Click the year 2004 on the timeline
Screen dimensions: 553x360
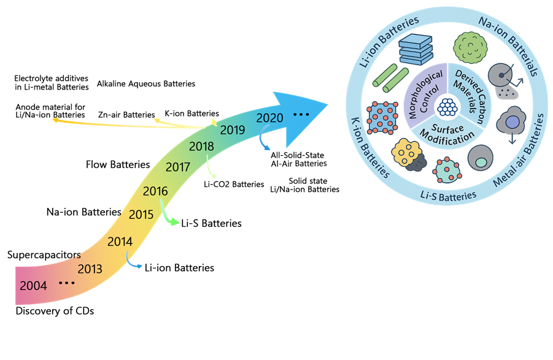[33, 285]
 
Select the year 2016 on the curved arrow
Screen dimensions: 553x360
[155, 191]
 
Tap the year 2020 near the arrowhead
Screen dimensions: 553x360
[269, 118]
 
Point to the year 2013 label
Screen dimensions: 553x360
[90, 269]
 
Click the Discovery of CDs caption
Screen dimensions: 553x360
[55, 311]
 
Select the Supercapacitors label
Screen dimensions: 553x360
[44, 255]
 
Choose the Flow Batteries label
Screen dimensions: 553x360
[118, 164]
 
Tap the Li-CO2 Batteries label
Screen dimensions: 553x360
[234, 184]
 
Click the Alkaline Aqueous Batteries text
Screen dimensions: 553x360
[146, 84]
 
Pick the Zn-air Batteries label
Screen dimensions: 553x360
[126, 115]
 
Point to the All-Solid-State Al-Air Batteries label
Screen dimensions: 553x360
[299, 159]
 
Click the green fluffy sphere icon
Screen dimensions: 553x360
[470, 48]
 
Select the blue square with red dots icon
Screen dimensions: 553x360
[382, 118]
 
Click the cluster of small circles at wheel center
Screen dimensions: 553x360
[447, 107]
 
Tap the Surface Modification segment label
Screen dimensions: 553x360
[447, 134]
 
